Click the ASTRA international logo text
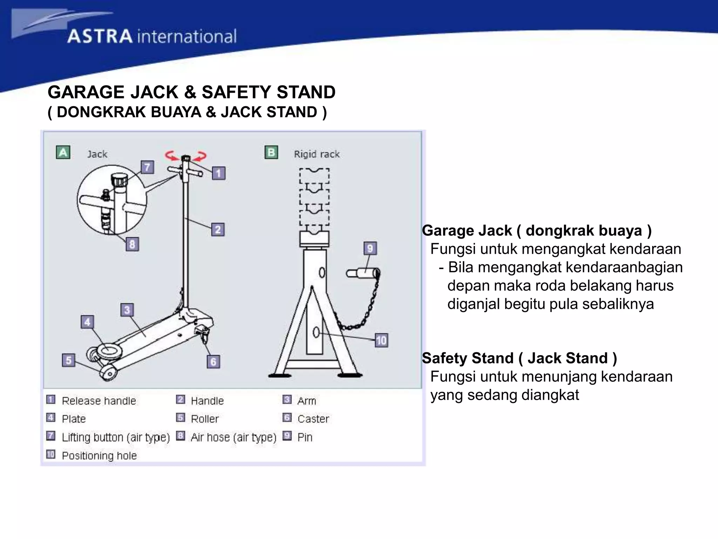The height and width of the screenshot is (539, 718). pos(152,36)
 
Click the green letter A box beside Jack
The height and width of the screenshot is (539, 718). pos(63,153)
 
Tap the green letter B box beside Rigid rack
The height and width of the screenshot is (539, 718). pos(271,153)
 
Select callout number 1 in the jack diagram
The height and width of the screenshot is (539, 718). pos(219,173)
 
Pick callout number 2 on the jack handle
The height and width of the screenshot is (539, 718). pos(218,229)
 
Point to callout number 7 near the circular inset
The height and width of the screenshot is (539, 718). pos(147,167)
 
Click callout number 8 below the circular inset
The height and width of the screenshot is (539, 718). pos(132,244)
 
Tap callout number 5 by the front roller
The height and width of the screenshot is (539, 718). pos(68,360)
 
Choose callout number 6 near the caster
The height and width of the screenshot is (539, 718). pos(213,361)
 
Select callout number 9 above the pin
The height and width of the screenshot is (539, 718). pos(370,248)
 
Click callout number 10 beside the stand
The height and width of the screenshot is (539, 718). pos(381,340)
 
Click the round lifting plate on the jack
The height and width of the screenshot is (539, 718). pos(109,350)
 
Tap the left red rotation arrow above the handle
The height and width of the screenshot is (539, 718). pos(171,155)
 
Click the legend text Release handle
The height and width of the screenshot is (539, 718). pos(99,401)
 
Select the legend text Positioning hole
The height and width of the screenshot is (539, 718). pos(99,455)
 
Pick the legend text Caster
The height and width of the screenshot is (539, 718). pos(313,419)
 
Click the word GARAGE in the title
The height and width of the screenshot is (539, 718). pos(86,92)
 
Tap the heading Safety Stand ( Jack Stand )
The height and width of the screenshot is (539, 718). pos(519,358)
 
